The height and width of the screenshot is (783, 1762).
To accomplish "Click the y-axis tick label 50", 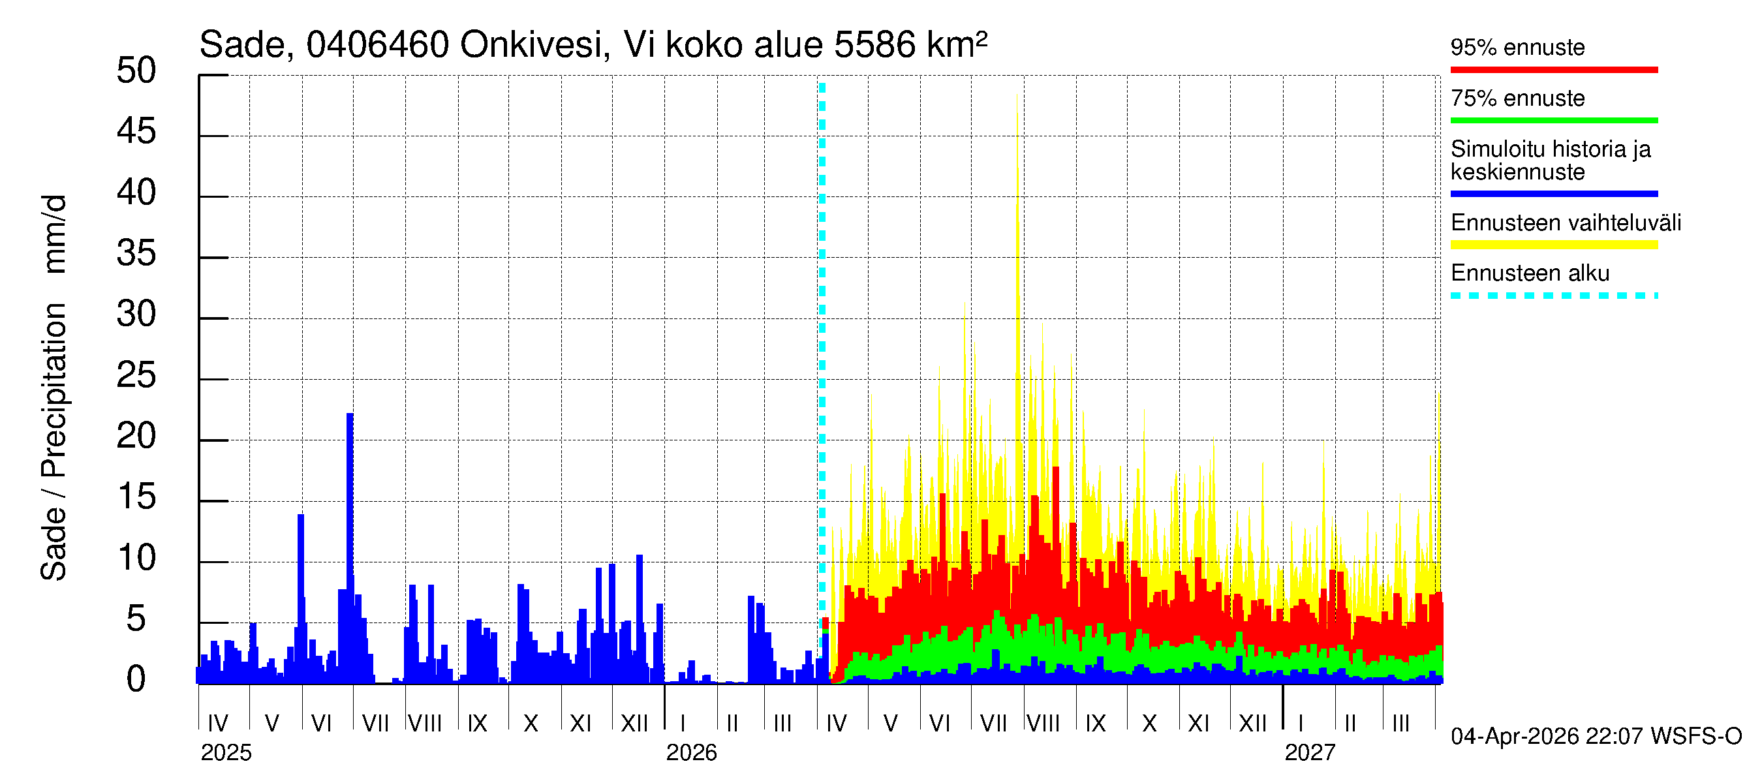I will click(x=136, y=71).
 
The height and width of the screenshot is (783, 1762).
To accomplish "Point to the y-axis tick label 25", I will click(x=136, y=375).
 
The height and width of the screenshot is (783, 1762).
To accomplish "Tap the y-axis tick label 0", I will click(x=136, y=679).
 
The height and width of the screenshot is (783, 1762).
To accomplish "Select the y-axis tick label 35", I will click(x=136, y=254).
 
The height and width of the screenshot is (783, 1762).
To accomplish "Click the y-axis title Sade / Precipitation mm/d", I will click(x=54, y=388).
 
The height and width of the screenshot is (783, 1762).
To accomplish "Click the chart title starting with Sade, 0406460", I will click(x=593, y=45).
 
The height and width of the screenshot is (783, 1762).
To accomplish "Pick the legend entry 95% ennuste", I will click(x=1517, y=48).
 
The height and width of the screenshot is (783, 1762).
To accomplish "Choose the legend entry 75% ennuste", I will click(x=1517, y=99).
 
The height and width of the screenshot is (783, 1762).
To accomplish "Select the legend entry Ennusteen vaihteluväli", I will click(x=1565, y=223).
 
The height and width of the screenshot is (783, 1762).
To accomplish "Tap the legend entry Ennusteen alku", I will click(x=1530, y=273).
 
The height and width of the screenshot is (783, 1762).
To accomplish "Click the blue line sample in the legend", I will click(x=1553, y=194).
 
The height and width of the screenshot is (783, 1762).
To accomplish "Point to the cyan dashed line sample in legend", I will click(x=1553, y=296).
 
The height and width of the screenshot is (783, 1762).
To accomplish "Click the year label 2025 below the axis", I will click(x=226, y=753).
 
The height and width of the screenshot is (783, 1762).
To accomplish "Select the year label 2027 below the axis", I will click(x=1309, y=753).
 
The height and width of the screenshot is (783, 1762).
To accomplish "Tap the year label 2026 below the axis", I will click(x=691, y=753).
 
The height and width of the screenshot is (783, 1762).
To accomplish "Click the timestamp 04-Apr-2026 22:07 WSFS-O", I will click(x=1596, y=737).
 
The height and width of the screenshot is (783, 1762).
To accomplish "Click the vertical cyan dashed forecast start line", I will click(x=822, y=342).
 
